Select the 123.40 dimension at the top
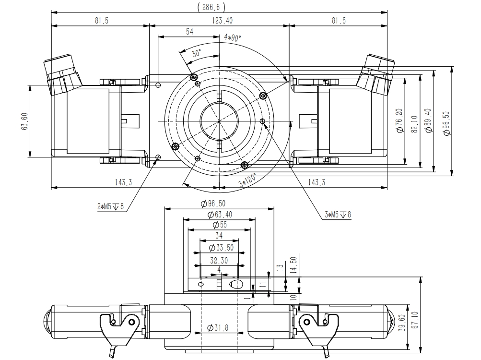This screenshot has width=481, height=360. click(x=219, y=20)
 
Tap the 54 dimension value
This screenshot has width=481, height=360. click(x=189, y=31)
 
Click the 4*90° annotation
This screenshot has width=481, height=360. click(x=233, y=37)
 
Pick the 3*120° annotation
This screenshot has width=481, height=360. click(x=247, y=180)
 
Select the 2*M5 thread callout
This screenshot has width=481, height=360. click(x=110, y=207)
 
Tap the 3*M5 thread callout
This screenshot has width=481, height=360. click(x=338, y=215)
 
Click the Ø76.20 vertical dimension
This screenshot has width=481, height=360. click(x=399, y=123)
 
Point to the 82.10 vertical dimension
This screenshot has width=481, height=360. click(x=414, y=123)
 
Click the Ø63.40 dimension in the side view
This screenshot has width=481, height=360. click(x=219, y=214)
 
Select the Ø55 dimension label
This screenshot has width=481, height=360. click(x=219, y=225)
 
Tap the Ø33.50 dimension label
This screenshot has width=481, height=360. click(x=219, y=248)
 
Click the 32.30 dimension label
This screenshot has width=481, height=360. click(x=219, y=260)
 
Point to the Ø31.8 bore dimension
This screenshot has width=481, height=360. click(x=218, y=328)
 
